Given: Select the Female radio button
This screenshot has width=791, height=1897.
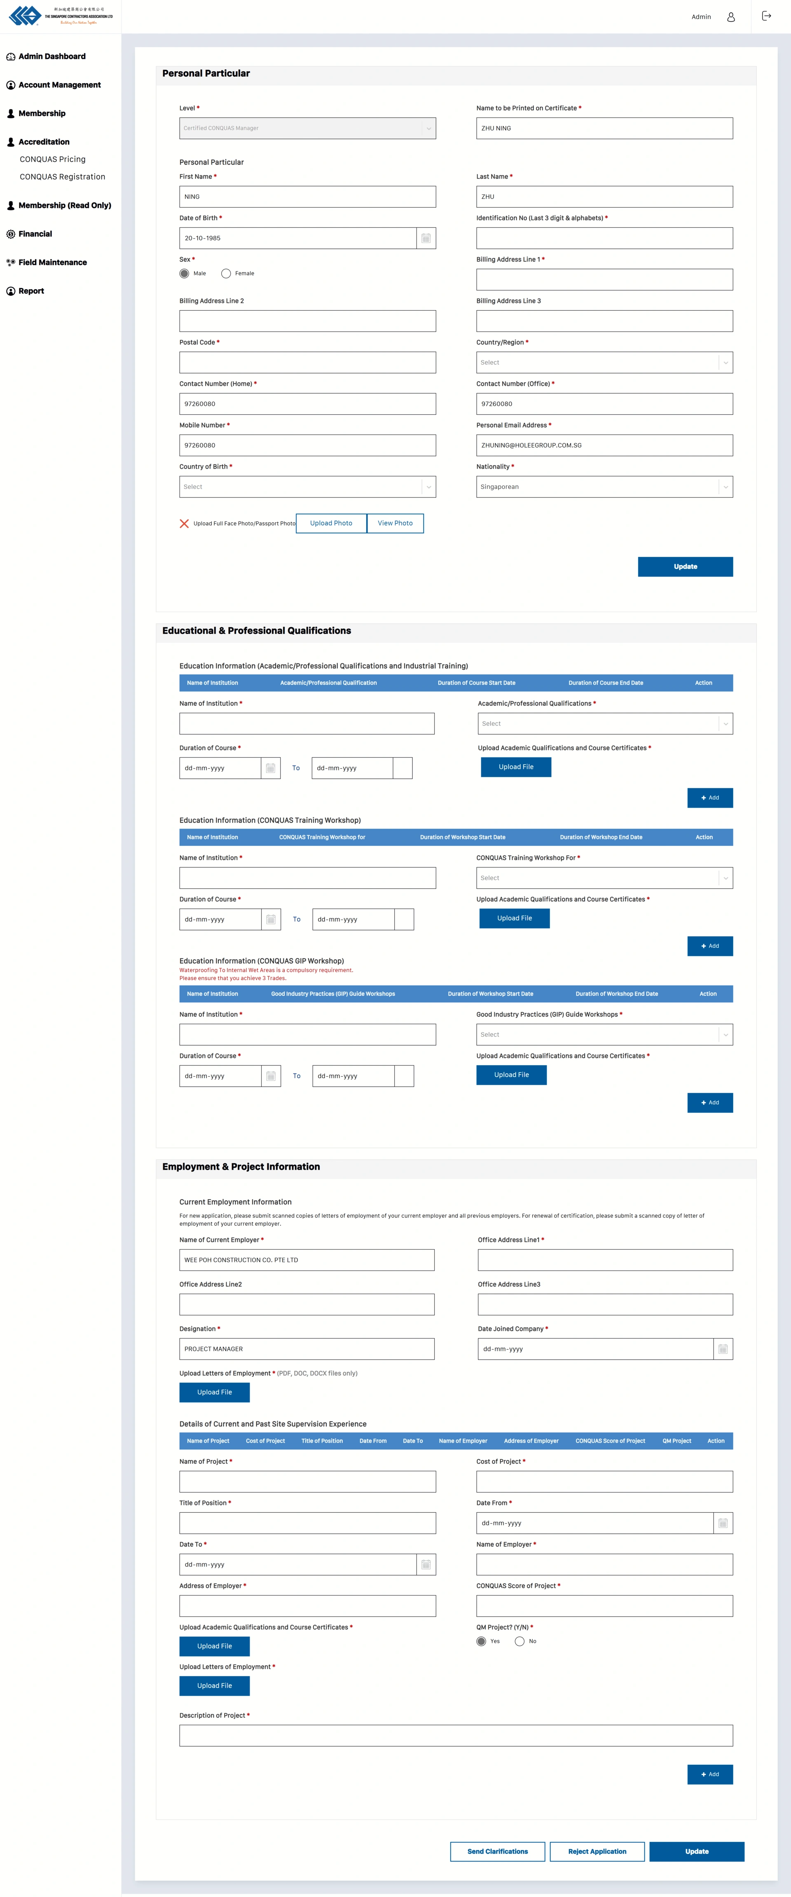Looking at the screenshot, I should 226,273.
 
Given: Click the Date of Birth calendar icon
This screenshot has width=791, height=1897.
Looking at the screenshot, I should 426,238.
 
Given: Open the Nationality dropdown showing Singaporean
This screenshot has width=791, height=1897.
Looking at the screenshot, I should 604,487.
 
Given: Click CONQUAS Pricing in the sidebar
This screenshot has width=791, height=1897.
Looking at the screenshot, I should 52,159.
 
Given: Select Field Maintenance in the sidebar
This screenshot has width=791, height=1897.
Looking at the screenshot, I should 52,262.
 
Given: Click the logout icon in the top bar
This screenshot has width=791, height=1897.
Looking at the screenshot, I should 766,16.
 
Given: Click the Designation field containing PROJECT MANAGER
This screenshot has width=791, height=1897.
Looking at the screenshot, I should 307,1348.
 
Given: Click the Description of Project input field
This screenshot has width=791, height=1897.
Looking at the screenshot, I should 456,1735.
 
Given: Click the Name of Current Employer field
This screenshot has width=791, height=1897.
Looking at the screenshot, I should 307,1259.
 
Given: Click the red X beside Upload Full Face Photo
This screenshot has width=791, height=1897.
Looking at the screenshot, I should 184,523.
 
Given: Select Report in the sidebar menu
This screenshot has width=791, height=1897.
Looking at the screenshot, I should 31,291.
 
